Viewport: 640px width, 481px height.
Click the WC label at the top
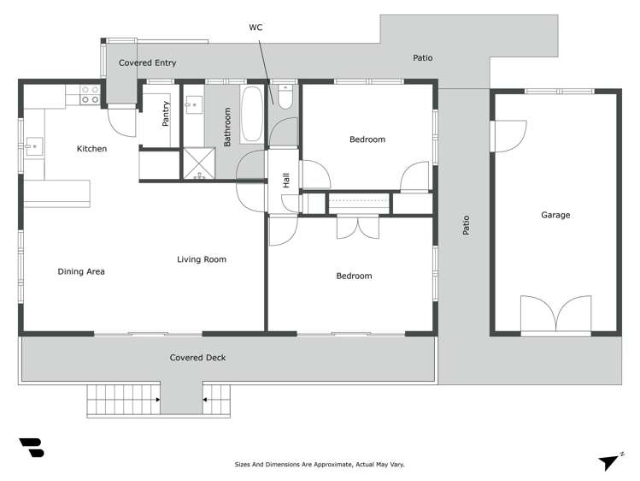point(255,27)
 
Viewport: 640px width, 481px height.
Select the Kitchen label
point(91,149)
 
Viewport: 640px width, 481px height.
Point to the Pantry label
point(166,114)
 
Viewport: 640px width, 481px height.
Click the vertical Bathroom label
point(228,127)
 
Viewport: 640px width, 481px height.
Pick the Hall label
point(286,181)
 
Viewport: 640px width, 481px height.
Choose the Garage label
point(555,215)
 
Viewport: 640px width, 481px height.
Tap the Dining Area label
point(81,271)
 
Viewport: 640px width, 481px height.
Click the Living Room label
point(202,259)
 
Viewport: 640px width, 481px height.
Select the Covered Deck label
point(197,358)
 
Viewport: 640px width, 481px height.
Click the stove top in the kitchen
point(89,94)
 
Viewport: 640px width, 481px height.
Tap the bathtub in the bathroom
point(252,115)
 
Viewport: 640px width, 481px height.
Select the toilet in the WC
point(285,96)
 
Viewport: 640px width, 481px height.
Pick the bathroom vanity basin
point(194,105)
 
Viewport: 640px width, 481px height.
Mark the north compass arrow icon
point(608,460)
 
